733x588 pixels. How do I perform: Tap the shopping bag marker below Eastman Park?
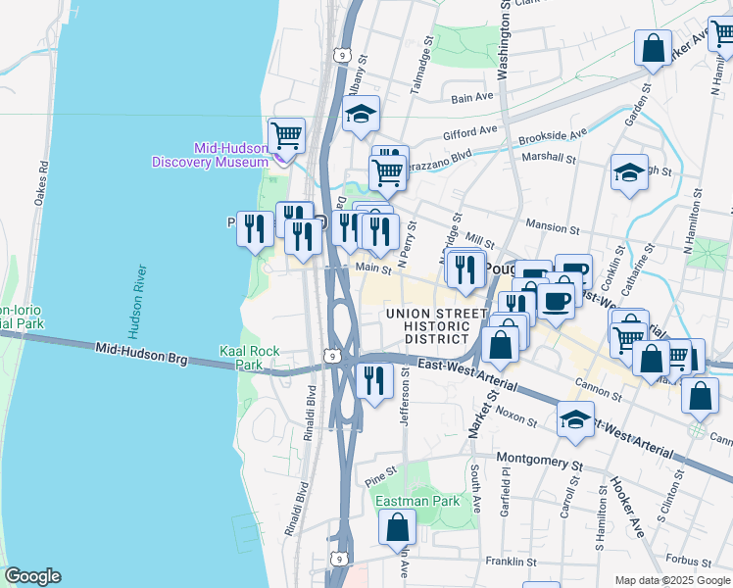tap(397, 528)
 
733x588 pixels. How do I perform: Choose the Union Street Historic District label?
tap(436, 325)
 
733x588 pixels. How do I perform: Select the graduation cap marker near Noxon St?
tap(575, 418)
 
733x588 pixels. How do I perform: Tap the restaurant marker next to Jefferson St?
tap(374, 380)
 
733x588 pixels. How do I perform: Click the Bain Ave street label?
tap(472, 97)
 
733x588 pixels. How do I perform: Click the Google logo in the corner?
tap(32, 576)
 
